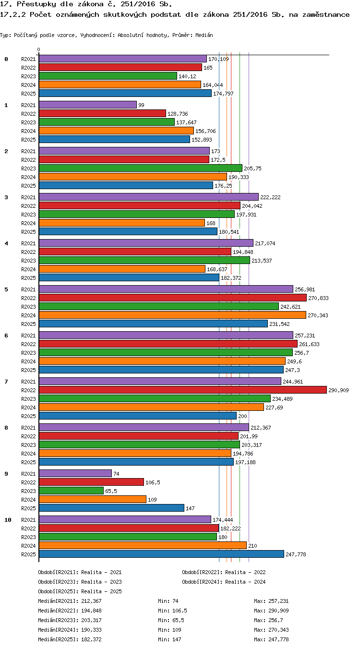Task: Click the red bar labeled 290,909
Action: click(183, 390)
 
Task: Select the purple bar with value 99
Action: click(88, 105)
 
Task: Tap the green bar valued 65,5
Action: click(71, 491)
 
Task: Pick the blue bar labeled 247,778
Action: click(161, 554)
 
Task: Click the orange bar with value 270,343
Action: click(172, 315)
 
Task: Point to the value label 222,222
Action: click(270, 197)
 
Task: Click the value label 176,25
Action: click(223, 186)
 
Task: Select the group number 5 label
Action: click(6, 289)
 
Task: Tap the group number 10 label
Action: click(8, 520)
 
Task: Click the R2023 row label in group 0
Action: click(28, 76)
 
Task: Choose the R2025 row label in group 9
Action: click(28, 508)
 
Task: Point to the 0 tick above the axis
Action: click(39, 49)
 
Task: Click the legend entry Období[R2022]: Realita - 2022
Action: click(224, 572)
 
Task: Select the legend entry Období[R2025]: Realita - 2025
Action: click(80, 591)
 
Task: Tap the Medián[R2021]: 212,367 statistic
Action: click(70, 601)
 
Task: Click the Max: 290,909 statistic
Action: click(271, 611)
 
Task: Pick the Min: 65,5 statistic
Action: click(171, 620)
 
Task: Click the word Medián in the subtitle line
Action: click(204, 35)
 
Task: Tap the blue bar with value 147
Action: click(111, 508)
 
